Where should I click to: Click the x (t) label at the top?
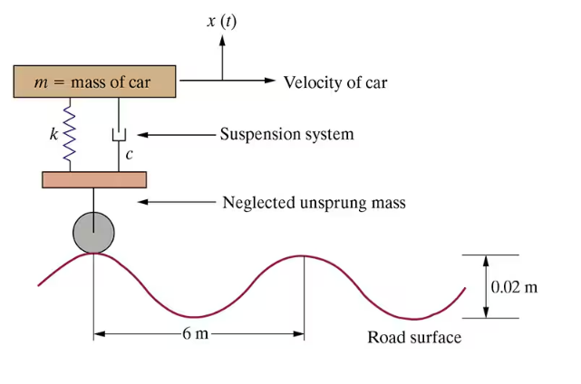[221, 20]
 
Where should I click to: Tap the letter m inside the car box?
[41, 82]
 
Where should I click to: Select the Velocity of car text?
[334, 82]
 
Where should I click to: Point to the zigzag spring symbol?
[68, 134]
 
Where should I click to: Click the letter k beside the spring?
[53, 135]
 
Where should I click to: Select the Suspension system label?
[286, 135]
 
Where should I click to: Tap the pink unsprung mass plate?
[94, 179]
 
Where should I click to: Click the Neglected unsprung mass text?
[314, 202]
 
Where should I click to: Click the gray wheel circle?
[93, 232]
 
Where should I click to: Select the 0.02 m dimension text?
[514, 287]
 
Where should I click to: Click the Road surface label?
[414, 338]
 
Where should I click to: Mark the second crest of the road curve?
[304, 255]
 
